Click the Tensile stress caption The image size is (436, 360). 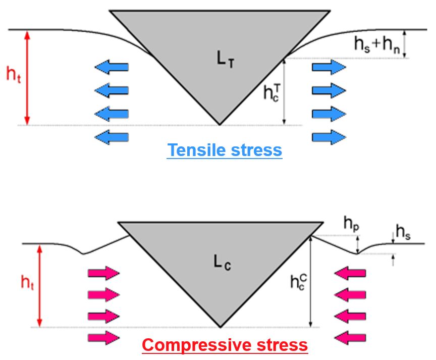point(225,150)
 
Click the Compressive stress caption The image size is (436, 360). point(225,345)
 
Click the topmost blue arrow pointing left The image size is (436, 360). point(112,67)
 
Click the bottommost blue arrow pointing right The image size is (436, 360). point(329,136)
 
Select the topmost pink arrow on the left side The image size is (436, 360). point(103,273)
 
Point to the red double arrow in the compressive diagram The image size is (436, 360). point(40,285)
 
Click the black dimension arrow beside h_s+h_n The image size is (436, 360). point(405,44)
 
